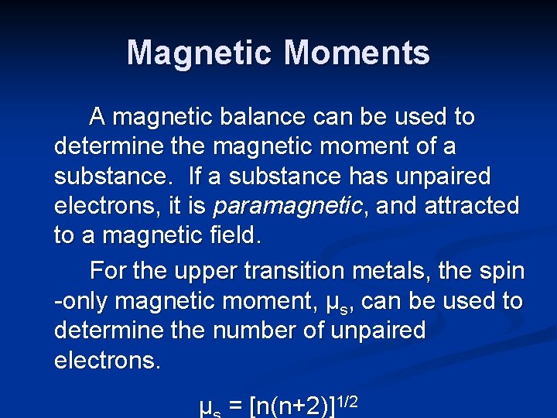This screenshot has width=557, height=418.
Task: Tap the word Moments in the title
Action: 357,53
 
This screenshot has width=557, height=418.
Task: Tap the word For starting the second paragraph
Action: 108,271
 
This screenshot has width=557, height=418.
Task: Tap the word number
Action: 256,331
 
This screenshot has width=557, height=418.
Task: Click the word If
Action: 197,176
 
